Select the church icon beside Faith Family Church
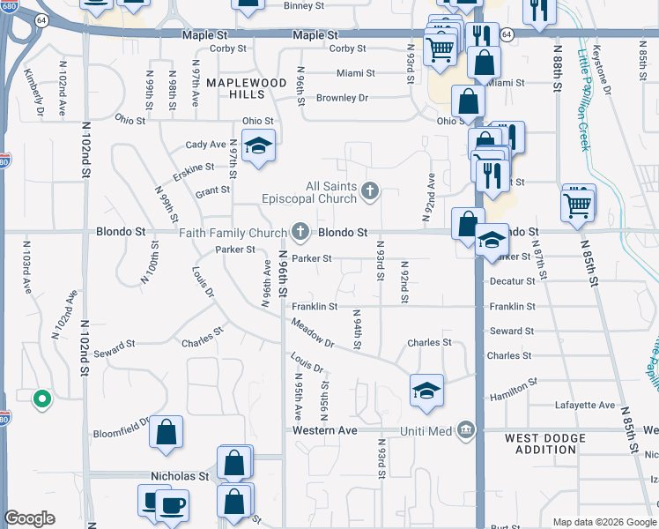tap(300, 233)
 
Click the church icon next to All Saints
tap(370, 189)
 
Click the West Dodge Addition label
tap(545, 443)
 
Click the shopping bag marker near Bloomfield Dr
tap(167, 431)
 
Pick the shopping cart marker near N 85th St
tap(578, 204)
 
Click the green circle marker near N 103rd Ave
tap(41, 400)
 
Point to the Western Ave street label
tap(325, 430)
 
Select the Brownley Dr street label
tap(341, 98)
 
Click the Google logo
tap(29, 518)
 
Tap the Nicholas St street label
tap(179, 476)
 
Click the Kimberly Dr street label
tap(33, 92)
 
